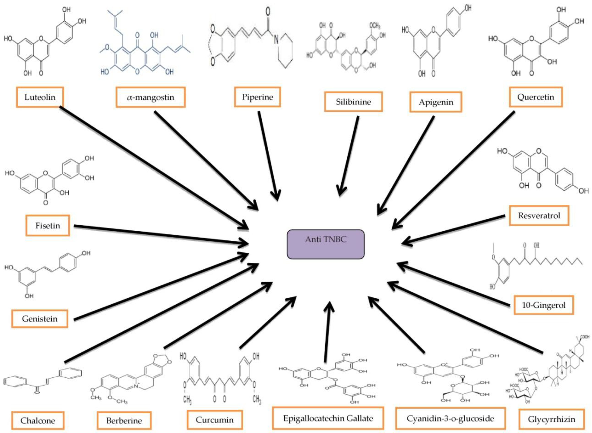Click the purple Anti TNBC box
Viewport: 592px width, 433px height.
coord(325,244)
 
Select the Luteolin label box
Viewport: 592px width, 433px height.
coord(40,97)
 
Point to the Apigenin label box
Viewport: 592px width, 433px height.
coord(436,102)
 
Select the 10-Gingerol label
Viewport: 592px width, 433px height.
coord(543,305)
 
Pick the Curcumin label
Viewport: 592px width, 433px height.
coord(214,420)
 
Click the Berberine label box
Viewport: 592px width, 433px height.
coord(124,421)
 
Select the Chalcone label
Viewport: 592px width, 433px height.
coord(38,421)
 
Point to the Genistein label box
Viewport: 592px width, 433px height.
coord(40,319)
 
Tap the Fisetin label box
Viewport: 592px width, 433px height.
coord(47,225)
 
